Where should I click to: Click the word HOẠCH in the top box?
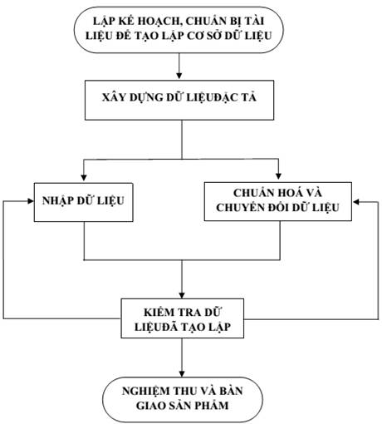click(x=157, y=22)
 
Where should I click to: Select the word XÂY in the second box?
click(x=112, y=97)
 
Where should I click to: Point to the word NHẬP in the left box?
click(x=57, y=201)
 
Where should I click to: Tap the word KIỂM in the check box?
click(x=159, y=312)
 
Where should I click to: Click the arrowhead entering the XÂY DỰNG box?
click(x=179, y=76)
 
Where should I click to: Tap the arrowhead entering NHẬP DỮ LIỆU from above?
click(x=84, y=177)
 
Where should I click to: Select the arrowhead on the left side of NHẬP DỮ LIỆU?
click(x=31, y=201)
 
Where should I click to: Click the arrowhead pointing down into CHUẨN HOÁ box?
click(x=279, y=176)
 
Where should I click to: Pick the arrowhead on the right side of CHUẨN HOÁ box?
click(x=355, y=202)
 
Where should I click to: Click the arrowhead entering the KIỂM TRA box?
click(x=182, y=295)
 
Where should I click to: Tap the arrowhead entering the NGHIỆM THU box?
click(x=182, y=373)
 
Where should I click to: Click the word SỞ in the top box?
click(x=213, y=36)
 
